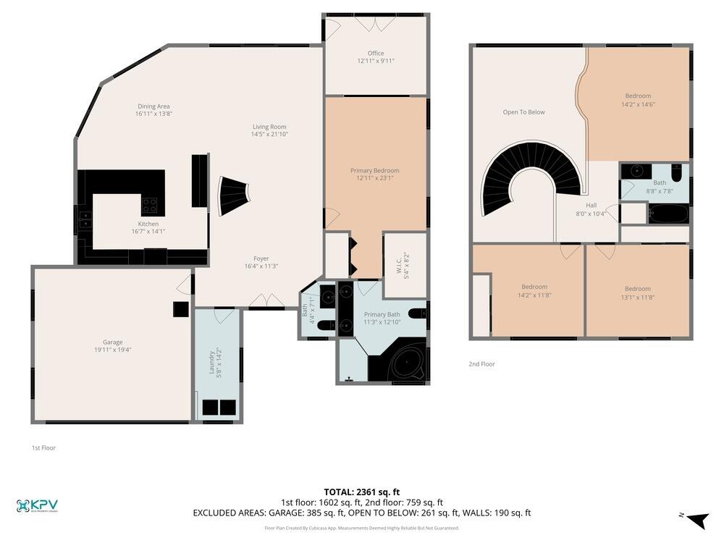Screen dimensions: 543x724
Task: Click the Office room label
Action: (x=375, y=53)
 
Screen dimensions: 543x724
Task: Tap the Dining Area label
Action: (x=153, y=106)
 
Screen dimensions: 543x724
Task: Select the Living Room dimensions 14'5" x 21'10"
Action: (x=269, y=135)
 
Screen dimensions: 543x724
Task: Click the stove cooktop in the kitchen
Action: (x=150, y=205)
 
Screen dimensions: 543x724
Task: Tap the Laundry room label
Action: (x=212, y=363)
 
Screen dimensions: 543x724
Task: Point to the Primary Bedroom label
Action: (x=374, y=170)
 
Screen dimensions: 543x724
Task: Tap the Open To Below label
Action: (x=523, y=112)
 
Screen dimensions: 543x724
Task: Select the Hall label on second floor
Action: (x=591, y=206)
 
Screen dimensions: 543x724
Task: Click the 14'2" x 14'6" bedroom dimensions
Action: (x=638, y=104)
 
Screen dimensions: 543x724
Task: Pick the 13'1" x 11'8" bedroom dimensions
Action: (x=637, y=297)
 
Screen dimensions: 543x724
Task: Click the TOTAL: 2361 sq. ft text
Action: (x=361, y=492)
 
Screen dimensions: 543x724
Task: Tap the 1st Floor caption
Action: (x=43, y=447)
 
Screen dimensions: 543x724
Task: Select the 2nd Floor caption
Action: (x=481, y=364)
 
